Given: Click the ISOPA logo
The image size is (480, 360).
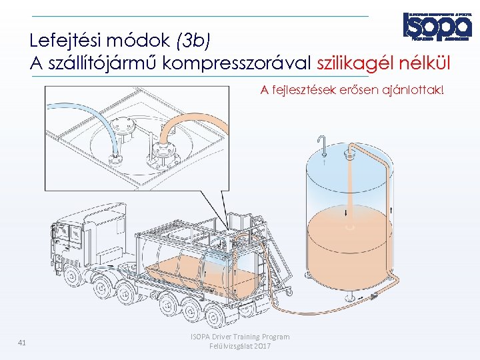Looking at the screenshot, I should click(437, 27).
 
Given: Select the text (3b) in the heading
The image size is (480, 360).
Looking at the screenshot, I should click(193, 41).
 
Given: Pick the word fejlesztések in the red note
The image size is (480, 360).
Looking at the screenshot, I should click(301, 90).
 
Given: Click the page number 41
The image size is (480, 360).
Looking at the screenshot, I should click(22, 343).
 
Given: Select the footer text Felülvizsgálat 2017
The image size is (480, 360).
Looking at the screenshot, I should click(240, 347).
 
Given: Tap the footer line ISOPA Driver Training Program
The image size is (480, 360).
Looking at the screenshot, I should click(240, 337).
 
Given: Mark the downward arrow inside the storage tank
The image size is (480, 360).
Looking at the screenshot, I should click(347, 213).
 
